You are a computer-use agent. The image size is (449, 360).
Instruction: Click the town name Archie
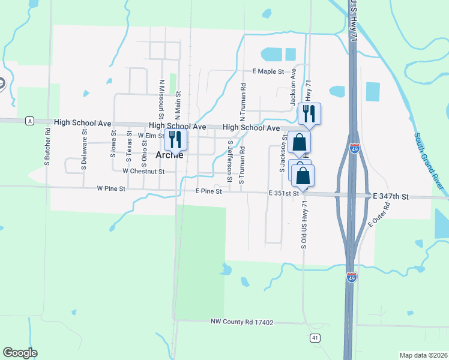pos(169,155)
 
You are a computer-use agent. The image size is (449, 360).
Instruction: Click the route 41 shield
pos(315,338)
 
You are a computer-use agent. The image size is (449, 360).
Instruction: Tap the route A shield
pos(29,121)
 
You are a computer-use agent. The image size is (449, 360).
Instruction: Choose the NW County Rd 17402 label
pos(242,323)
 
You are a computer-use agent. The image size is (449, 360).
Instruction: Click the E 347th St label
pos(390,196)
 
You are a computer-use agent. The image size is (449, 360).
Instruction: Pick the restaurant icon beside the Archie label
pos(175,140)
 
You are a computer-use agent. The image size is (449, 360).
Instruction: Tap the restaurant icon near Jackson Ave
pos(309,113)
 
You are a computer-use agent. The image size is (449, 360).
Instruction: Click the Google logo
pos(20,353)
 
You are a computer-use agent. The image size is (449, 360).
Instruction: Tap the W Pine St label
pos(111,188)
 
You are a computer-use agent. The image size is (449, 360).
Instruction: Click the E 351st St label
pos(283,193)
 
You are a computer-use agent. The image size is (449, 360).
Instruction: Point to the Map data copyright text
pos(423,355)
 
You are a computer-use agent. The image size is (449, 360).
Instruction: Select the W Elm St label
pos(151,136)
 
